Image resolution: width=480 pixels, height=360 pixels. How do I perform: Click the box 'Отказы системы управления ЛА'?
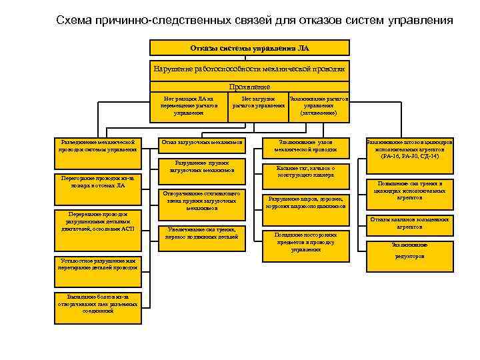[x=249, y=47]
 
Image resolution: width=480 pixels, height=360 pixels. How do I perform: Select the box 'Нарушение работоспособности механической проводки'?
[x=249, y=69]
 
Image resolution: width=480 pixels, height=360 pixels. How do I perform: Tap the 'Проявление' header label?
[x=249, y=87]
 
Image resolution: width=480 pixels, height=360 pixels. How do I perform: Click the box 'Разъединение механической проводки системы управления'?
[x=98, y=145]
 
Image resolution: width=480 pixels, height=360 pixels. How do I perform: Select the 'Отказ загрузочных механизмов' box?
[x=201, y=143]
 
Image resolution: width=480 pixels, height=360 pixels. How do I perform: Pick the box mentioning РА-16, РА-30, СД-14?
[x=410, y=149]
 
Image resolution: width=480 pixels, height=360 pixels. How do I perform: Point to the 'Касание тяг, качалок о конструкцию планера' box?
[x=306, y=171]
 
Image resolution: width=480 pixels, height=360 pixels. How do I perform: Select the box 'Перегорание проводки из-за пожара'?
[x=98, y=182]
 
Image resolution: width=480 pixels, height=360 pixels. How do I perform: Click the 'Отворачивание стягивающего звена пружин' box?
[x=201, y=201]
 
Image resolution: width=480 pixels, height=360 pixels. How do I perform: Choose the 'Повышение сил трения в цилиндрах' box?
[x=410, y=191]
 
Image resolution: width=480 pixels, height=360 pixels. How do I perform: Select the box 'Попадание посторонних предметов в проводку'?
[x=306, y=241]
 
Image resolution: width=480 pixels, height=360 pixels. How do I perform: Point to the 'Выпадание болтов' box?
[x=98, y=303]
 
